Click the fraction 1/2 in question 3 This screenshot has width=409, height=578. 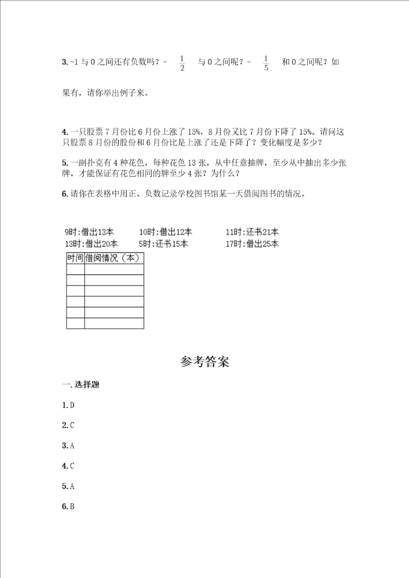tap(182, 63)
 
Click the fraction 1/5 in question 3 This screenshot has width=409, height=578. tap(266, 63)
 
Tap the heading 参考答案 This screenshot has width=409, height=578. tap(204, 362)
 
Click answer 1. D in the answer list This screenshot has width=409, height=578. tap(69, 405)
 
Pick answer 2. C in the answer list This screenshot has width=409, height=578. tap(69, 425)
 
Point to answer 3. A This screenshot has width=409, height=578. tap(69, 446)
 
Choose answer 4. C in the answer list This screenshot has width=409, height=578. tap(69, 466)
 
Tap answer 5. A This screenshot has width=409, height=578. tap(69, 487)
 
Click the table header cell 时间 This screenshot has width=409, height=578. tap(75, 258)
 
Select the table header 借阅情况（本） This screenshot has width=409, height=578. tap(113, 258)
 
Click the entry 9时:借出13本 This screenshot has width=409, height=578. tap(89, 232)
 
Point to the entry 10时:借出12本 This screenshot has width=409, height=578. tap(165, 232)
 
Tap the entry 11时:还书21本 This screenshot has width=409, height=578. tap(252, 232)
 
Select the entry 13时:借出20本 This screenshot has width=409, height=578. tap(91, 244)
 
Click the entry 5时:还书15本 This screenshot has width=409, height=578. tap(163, 244)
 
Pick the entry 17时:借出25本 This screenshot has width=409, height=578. tap(252, 244)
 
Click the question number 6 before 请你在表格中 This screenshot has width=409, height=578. tap(65, 194)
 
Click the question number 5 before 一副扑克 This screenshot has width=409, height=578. tap(65, 163)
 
